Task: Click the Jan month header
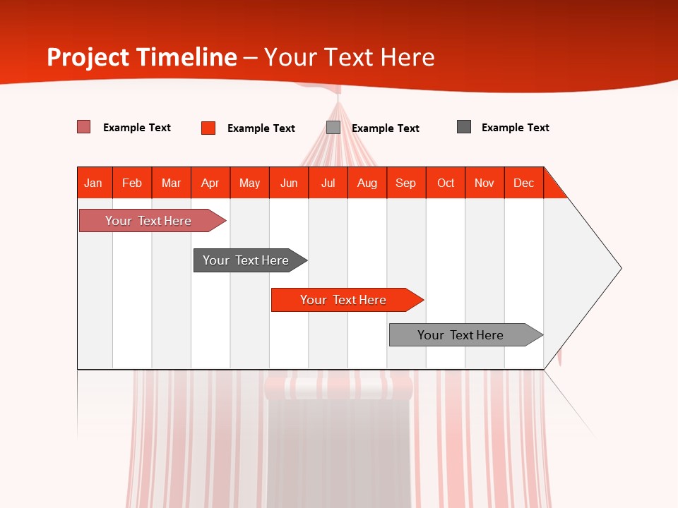tap(94, 183)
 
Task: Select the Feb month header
tap(132, 183)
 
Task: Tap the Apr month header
tap(210, 183)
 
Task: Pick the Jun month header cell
tap(289, 183)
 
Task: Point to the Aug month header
tap(367, 183)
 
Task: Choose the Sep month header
tap(406, 183)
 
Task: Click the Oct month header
tap(446, 183)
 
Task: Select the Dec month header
tap(524, 183)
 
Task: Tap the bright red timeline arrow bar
tap(344, 300)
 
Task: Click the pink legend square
tap(84, 127)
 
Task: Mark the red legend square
tap(208, 128)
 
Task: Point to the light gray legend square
tap(333, 128)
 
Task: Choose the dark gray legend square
tap(464, 127)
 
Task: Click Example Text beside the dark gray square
tap(516, 128)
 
